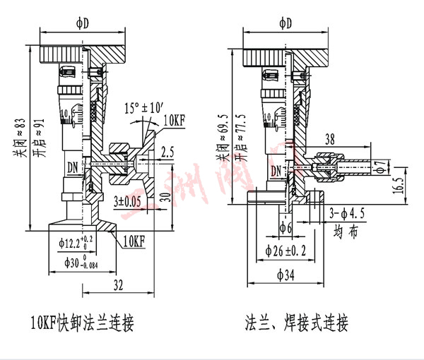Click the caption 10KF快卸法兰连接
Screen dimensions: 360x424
82,324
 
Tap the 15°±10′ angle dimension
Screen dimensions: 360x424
143,109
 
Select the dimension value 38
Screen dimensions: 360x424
329,139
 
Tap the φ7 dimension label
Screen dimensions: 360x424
382,167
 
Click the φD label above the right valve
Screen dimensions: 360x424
285,23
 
